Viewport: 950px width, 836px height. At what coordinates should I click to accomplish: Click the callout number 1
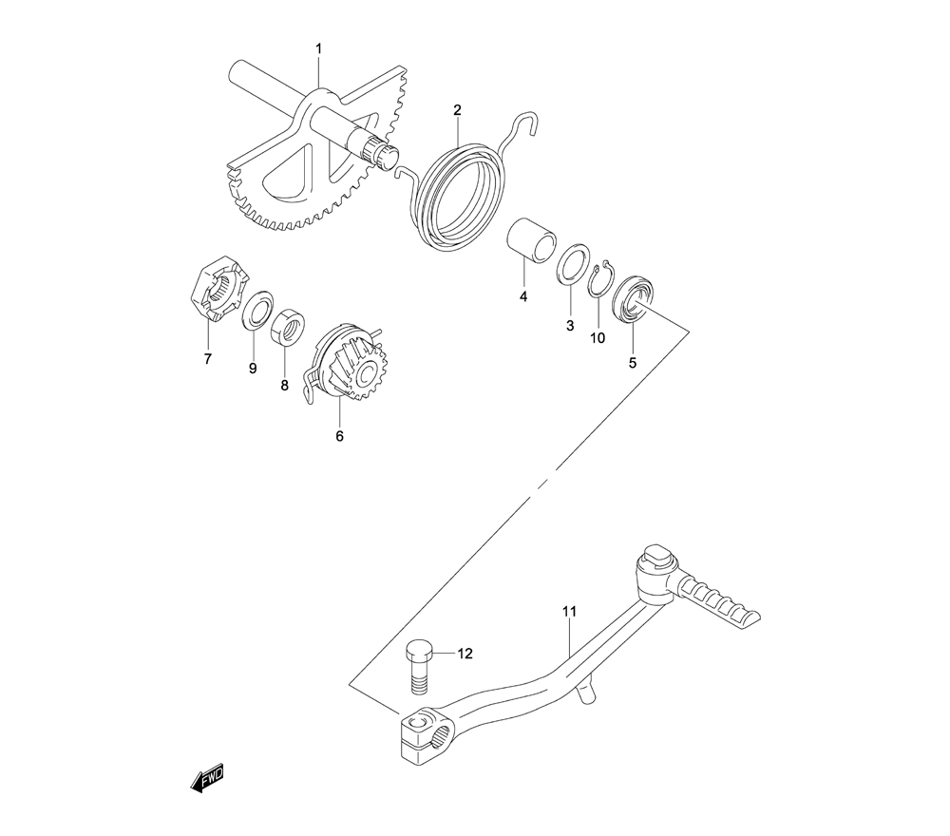click(319, 48)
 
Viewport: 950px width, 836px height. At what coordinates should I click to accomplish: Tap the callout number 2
click(458, 109)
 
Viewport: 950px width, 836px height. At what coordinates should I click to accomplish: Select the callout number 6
click(339, 435)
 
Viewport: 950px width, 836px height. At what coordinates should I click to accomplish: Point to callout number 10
click(598, 338)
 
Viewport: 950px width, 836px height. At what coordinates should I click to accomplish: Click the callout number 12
click(465, 654)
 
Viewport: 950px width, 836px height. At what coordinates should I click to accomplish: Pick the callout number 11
click(569, 611)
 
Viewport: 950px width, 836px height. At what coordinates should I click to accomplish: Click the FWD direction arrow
click(207, 777)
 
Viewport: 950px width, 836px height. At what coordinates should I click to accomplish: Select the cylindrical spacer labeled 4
click(531, 241)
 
